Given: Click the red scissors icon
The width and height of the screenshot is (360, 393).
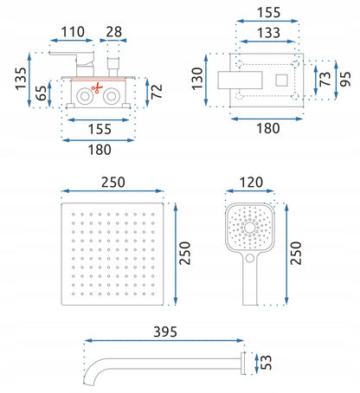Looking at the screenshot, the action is click(x=97, y=87).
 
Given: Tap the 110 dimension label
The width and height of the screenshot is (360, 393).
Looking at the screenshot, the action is click(x=73, y=32).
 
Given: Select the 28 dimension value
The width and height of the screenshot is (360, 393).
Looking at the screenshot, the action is click(x=113, y=32).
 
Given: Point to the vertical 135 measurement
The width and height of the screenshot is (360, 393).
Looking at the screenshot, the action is click(x=21, y=79).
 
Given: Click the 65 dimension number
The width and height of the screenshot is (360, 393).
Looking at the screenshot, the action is click(x=41, y=93).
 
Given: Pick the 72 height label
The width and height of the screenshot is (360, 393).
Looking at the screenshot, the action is click(x=157, y=92).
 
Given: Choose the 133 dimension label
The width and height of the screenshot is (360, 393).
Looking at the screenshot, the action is click(x=268, y=33).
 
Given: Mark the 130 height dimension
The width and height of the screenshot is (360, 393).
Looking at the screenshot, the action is click(x=197, y=79).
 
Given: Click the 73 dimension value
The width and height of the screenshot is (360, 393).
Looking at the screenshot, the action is click(x=325, y=79).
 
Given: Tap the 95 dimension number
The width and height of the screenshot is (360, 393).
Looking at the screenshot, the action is click(x=345, y=79).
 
